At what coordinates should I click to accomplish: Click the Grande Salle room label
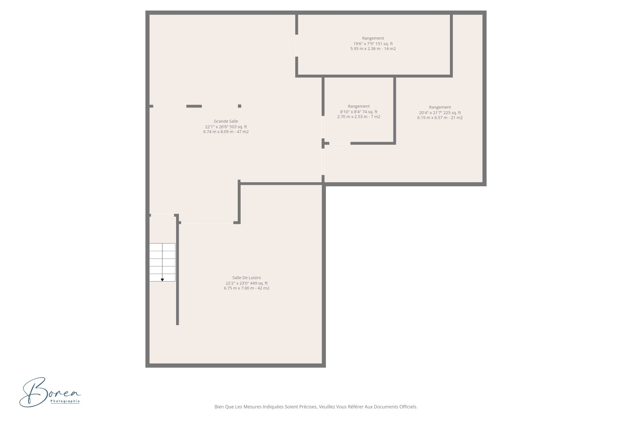tap(226, 121)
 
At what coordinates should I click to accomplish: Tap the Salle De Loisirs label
tap(247, 278)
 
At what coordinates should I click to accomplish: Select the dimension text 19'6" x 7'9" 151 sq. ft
tap(373, 44)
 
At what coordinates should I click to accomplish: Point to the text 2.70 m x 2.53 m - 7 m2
tap(359, 117)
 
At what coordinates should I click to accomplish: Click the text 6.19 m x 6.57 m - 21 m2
tap(440, 118)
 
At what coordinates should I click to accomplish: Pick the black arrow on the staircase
tap(162, 280)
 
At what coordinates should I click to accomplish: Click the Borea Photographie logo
tap(50, 392)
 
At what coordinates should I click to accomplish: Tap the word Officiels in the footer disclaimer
tap(408, 407)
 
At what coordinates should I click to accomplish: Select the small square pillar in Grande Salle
tap(240, 106)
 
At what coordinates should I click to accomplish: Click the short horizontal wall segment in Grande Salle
tap(194, 106)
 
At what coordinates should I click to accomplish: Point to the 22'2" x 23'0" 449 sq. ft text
tap(247, 283)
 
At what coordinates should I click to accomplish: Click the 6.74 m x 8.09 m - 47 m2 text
tap(226, 132)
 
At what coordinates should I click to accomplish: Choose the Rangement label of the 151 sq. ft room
tap(373, 38)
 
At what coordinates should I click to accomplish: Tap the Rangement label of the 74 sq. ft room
tap(359, 106)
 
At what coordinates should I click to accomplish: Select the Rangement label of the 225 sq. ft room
tap(440, 107)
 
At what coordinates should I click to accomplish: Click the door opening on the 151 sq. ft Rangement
tap(297, 45)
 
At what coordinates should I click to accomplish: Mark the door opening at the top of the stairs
tap(162, 215)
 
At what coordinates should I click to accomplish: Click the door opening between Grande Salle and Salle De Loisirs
tap(207, 223)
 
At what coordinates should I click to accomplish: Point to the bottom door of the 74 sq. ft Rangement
tap(340, 143)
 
